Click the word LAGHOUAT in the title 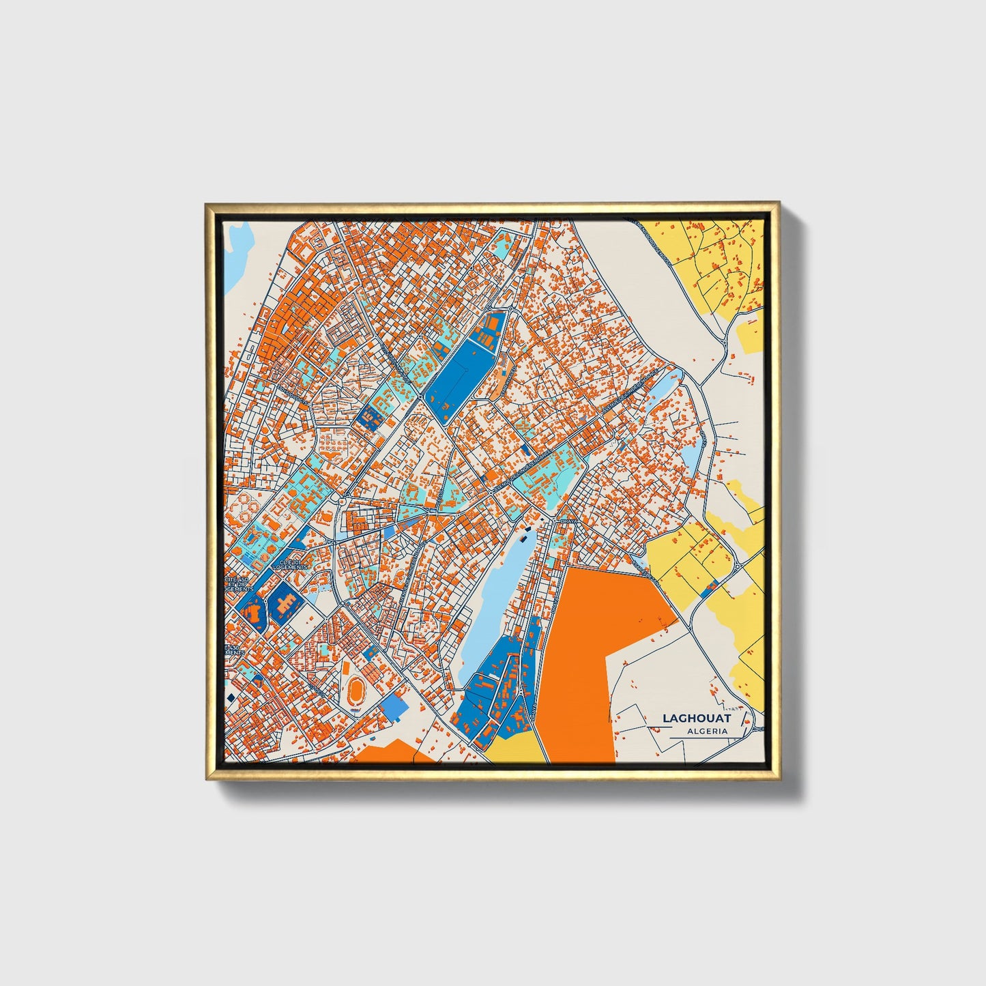pos(696,718)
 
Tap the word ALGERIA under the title pos(707,731)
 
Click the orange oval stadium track pos(354,691)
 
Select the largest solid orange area pos(594,655)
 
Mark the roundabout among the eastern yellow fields pos(738,566)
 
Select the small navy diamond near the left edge pos(231,696)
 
